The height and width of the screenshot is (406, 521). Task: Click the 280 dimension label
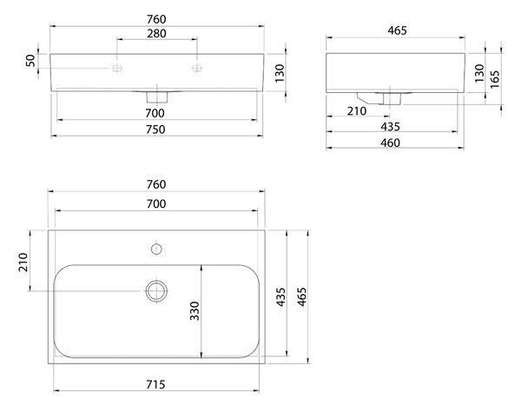point(156,33)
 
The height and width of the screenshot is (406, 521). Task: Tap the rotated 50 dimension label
point(30,61)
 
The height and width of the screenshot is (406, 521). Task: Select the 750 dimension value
point(155,130)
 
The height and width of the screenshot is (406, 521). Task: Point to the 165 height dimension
point(495,79)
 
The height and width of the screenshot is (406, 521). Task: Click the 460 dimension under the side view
point(390,143)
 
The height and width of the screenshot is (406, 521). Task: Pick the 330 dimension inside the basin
point(195,311)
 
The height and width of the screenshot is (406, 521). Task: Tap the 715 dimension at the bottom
point(155,384)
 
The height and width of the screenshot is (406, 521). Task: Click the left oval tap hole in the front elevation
point(117,68)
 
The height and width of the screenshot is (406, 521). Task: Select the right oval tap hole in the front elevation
point(197,68)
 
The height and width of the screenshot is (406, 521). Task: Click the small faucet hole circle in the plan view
point(156,249)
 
